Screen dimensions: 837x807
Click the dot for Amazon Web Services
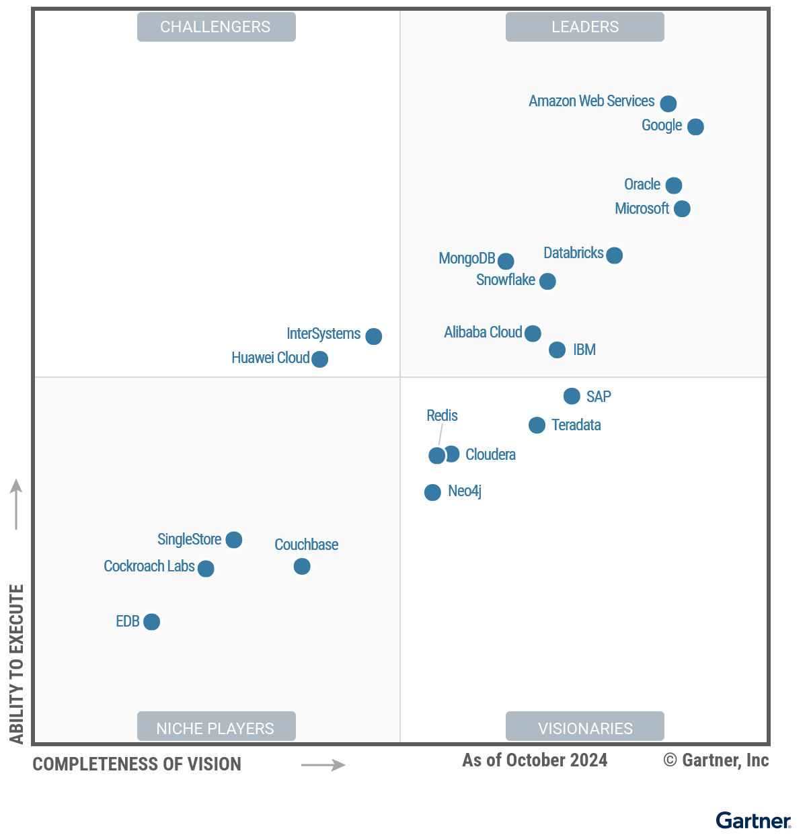[668, 104]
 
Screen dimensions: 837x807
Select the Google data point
[695, 126]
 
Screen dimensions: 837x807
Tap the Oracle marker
[673, 185]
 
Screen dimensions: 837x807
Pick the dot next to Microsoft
[682, 209]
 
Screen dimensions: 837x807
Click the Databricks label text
[573, 253]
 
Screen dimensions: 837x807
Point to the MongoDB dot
[506, 261]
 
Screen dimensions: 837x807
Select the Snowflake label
[505, 280]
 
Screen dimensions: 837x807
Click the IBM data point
[557, 350]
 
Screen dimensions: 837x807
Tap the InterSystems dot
[373, 336]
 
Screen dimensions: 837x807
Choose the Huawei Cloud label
[270, 358]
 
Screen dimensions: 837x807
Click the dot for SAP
[572, 397]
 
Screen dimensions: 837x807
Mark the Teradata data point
[537, 425]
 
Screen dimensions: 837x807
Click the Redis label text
[442, 416]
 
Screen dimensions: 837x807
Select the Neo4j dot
[432, 493]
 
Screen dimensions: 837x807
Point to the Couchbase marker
[302, 567]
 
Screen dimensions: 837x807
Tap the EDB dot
[152, 622]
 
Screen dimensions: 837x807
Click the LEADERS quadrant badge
[584, 27]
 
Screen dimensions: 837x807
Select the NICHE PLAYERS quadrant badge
[216, 727]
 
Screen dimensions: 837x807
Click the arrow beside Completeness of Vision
[323, 765]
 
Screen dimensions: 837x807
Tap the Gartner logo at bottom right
[753, 821]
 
